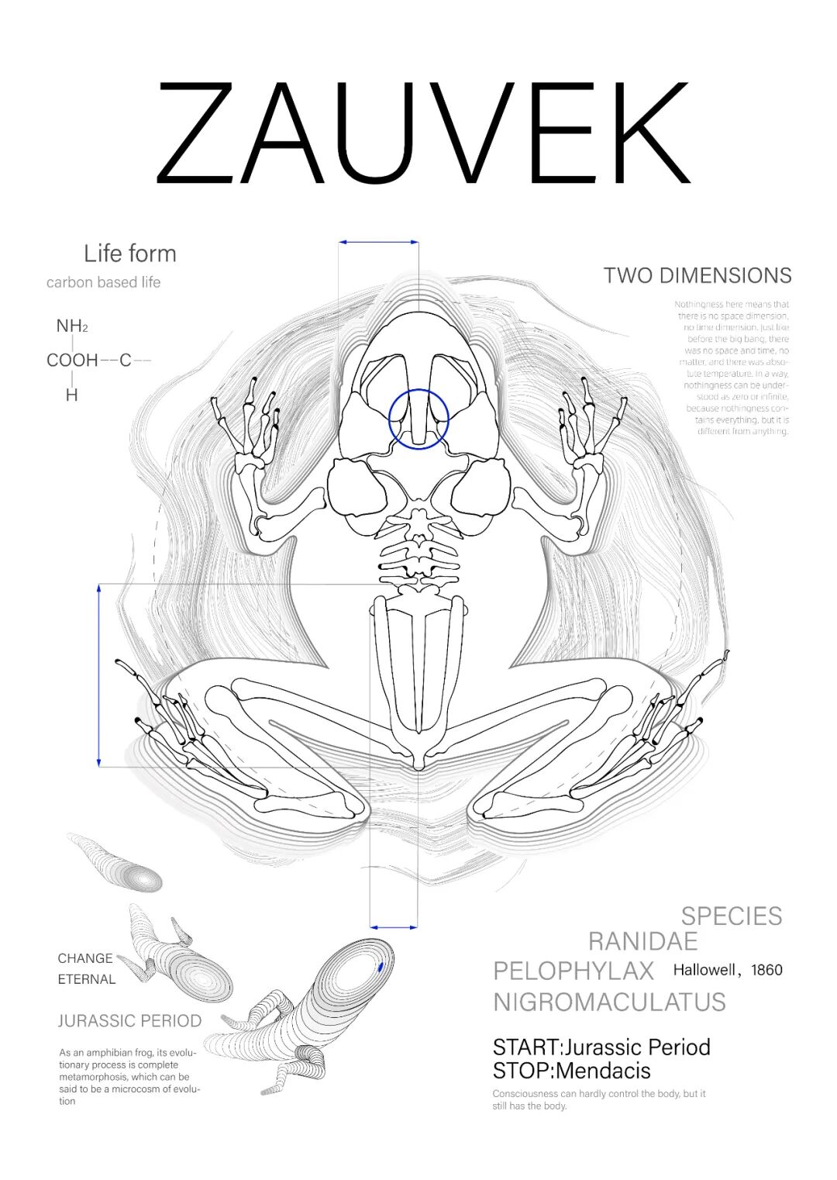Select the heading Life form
click(129, 254)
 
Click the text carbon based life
click(103, 282)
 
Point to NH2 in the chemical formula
click(71, 326)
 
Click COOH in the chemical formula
click(72, 360)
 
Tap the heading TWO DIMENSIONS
click(697, 275)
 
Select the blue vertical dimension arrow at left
click(99, 675)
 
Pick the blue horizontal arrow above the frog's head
click(378, 243)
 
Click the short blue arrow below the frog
click(394, 926)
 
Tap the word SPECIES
click(732, 916)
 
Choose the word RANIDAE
click(642, 941)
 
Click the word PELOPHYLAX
click(573, 971)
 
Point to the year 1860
click(766, 970)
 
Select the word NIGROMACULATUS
click(609, 1002)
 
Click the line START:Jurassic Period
click(601, 1047)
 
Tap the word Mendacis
click(603, 1071)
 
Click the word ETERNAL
click(86, 979)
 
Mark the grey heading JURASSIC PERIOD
click(129, 1021)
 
